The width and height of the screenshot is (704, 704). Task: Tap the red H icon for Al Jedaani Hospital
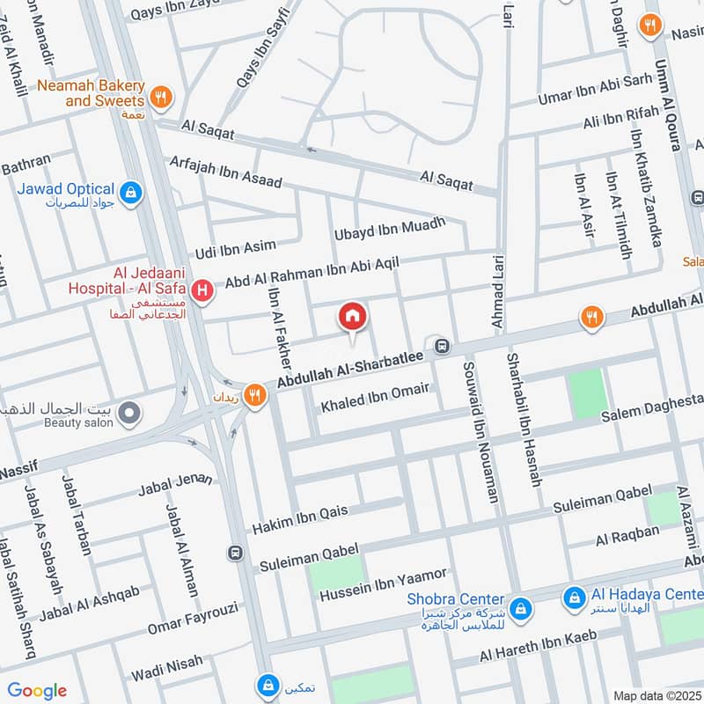click(203, 290)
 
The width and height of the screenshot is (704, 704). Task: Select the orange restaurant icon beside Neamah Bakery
click(159, 98)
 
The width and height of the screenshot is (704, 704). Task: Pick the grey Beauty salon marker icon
click(130, 411)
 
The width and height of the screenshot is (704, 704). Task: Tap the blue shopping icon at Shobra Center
click(520, 607)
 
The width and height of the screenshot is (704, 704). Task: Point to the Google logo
click(36, 691)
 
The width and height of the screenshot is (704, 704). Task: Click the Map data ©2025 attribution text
click(656, 695)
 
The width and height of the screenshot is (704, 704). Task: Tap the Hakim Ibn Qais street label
click(300, 520)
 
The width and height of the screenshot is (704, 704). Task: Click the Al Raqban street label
click(627, 534)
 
